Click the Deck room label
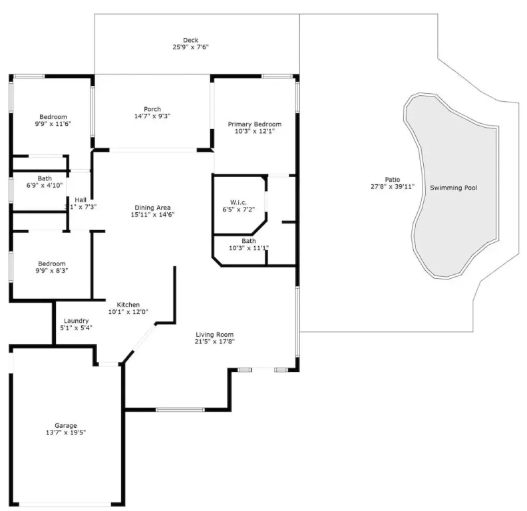click(x=190, y=40)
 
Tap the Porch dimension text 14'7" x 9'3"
click(x=152, y=116)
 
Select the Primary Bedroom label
click(x=255, y=124)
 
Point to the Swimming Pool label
click(x=453, y=188)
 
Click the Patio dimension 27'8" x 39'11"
click(x=393, y=186)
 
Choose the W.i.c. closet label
click(x=239, y=202)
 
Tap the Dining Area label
click(x=152, y=208)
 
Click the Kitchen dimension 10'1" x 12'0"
click(x=128, y=312)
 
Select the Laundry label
click(x=77, y=321)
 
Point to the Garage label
click(x=66, y=426)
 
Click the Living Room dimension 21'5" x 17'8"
click(x=215, y=341)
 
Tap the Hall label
click(x=81, y=200)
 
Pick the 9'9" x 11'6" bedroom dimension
click(x=53, y=124)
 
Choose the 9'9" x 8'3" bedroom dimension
click(x=52, y=271)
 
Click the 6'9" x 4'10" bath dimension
click(x=45, y=185)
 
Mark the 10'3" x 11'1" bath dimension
click(x=249, y=248)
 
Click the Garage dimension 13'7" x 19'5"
click(x=66, y=432)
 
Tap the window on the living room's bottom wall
click(x=180, y=410)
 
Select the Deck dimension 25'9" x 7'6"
click(x=190, y=47)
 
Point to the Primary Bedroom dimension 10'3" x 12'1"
click(x=255, y=132)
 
